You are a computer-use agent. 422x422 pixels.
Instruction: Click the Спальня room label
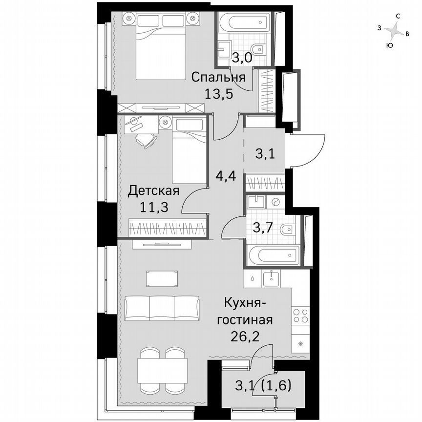[218, 77]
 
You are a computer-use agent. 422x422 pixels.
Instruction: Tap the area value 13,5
[218, 93]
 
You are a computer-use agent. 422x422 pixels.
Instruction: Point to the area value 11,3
[154, 207]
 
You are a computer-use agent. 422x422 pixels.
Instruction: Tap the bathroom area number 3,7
[264, 227]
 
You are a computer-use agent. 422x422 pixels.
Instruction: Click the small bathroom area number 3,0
[242, 58]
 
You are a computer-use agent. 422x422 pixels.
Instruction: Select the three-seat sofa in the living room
[162, 308]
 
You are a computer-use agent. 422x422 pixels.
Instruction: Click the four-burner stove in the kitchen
[300, 315]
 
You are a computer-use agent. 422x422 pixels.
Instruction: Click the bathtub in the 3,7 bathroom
[273, 255]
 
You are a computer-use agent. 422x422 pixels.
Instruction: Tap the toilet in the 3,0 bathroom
[261, 48]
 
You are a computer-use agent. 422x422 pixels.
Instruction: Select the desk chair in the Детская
[147, 140]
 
